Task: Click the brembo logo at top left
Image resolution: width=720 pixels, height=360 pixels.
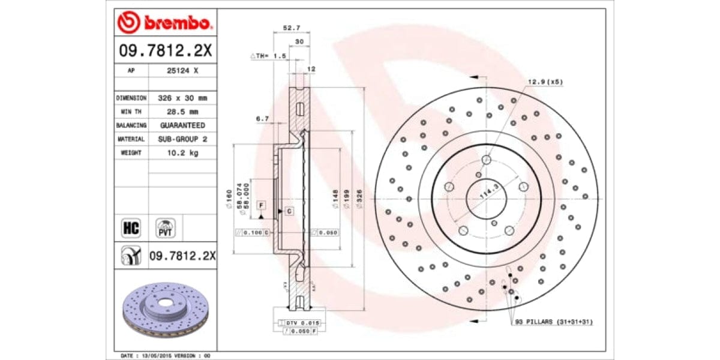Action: pyautogui.click(x=164, y=23)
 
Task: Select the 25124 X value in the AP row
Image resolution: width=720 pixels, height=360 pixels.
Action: pyautogui.click(x=182, y=70)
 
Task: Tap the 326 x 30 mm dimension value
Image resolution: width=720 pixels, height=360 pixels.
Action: pyautogui.click(x=182, y=98)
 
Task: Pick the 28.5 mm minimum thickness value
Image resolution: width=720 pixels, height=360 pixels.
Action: pyautogui.click(x=182, y=112)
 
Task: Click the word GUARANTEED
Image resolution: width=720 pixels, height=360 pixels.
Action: pyautogui.click(x=182, y=125)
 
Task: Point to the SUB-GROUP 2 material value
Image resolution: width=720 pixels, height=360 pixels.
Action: pyautogui.click(x=182, y=139)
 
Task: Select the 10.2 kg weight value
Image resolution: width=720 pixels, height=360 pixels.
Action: pyautogui.click(x=182, y=152)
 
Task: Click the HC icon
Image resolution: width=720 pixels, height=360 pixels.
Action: pyautogui.click(x=131, y=229)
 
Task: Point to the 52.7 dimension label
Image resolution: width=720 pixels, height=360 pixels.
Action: pyautogui.click(x=291, y=28)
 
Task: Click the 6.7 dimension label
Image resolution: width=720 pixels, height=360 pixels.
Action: pyautogui.click(x=262, y=119)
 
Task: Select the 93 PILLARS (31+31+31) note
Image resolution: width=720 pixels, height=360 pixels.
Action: pyautogui.click(x=554, y=322)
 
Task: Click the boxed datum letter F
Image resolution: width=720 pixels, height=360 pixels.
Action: pyautogui.click(x=261, y=205)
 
